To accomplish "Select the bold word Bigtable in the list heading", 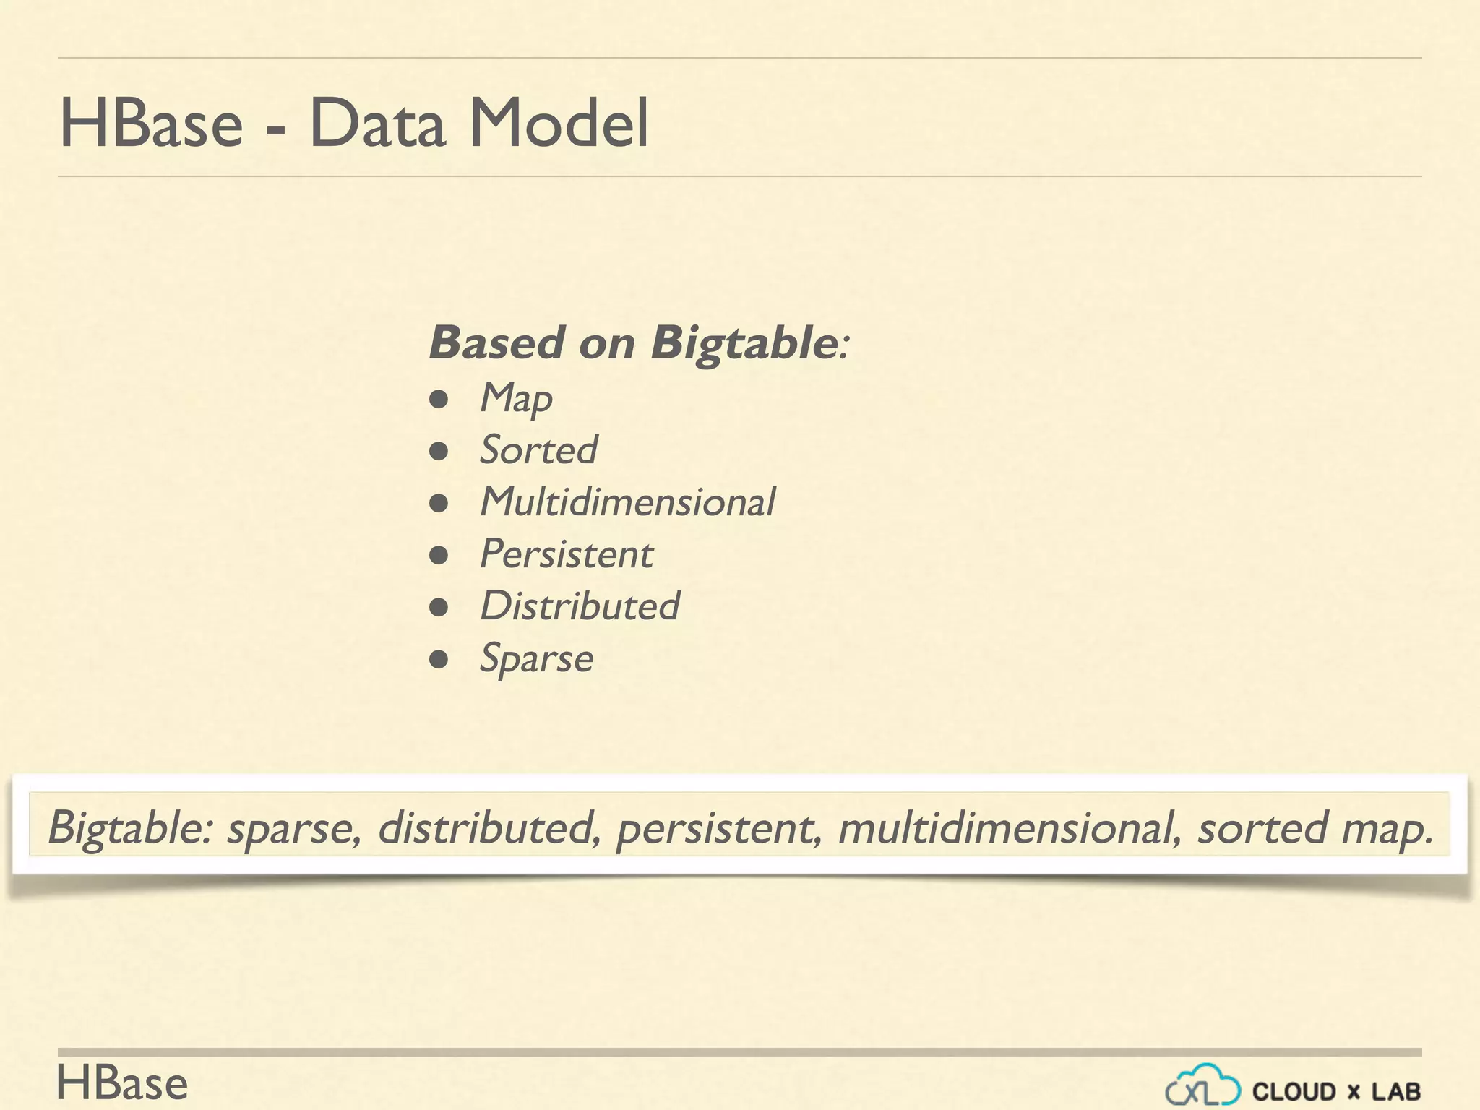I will (744, 343).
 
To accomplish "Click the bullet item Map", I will (517, 398).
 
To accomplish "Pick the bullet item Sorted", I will (539, 450).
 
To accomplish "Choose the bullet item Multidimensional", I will (628, 502).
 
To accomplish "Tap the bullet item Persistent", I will (567, 554).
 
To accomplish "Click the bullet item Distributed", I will (580, 606).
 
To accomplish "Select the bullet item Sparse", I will (537, 659).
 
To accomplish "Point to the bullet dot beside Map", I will (439, 400).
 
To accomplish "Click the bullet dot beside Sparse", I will (439, 660).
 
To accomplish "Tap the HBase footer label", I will (122, 1084).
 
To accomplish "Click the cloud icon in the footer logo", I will (1202, 1085).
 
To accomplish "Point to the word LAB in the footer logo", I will (1396, 1091).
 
